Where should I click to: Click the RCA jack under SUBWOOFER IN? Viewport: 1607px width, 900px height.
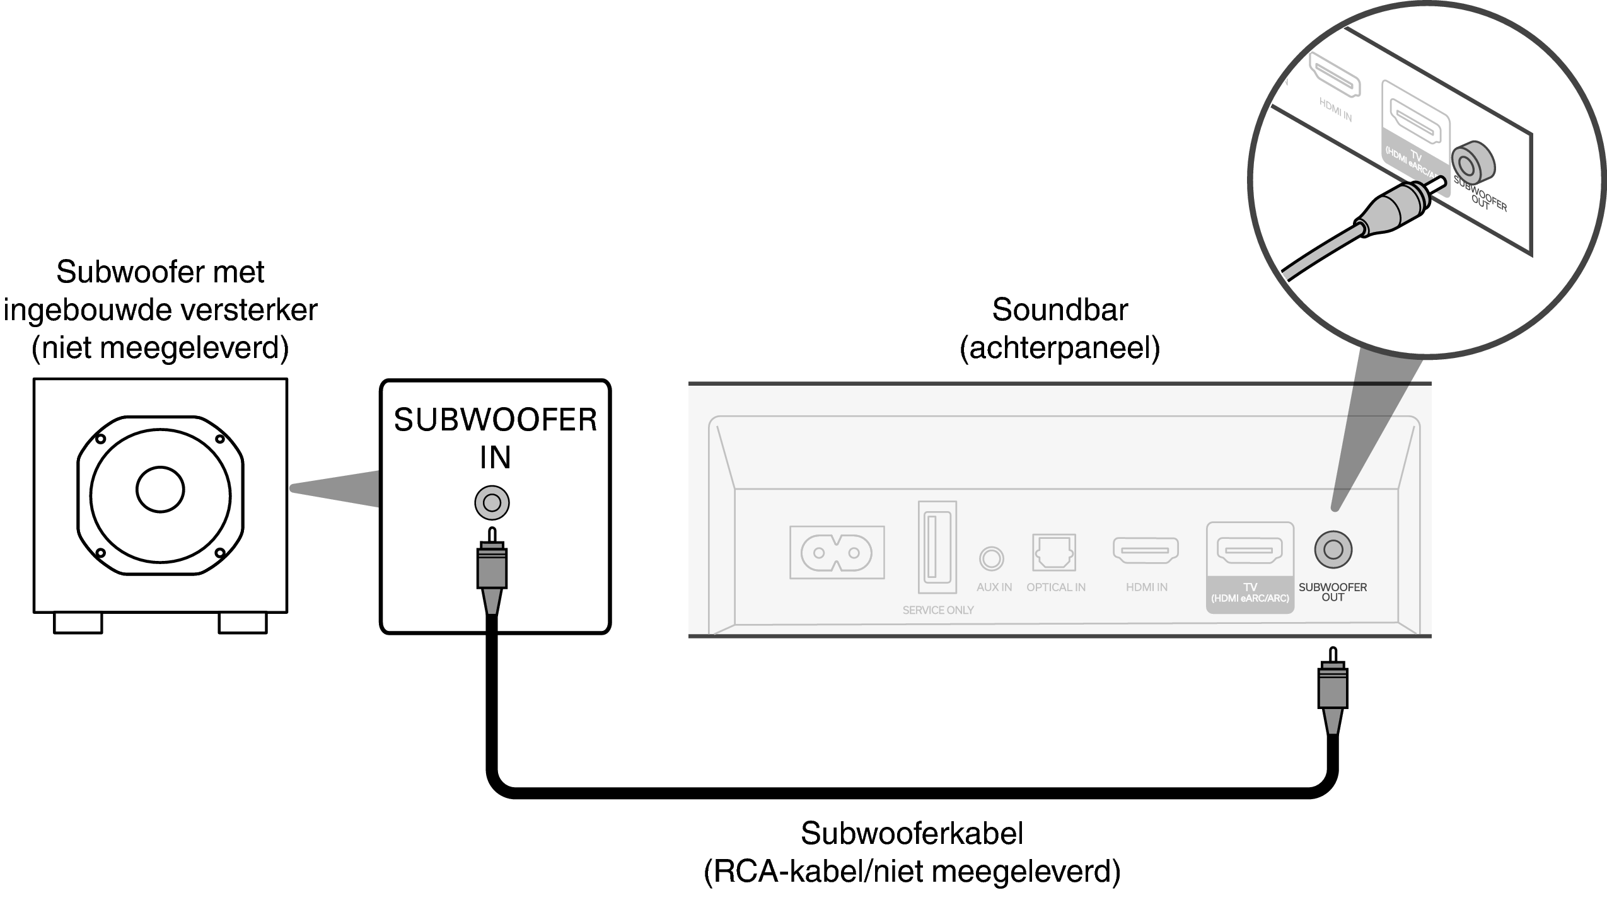492,503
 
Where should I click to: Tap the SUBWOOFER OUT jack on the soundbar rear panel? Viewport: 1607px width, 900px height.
1333,550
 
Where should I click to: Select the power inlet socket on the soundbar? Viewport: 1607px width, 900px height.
837,553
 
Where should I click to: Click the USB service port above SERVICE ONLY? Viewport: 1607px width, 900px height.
937,547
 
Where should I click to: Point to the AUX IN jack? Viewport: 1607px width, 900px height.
991,558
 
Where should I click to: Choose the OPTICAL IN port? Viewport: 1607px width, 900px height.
1054,553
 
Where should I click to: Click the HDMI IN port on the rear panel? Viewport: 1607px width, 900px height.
1146,550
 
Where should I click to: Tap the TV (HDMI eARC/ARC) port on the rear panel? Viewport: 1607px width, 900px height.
1250,550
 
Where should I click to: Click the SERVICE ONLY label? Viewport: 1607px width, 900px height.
937,610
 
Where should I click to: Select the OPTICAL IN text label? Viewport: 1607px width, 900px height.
1056,587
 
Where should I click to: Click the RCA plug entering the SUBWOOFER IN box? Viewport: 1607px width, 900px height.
492,567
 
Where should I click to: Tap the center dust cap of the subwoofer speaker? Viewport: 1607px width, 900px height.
160,490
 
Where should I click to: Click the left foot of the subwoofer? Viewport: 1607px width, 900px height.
78,623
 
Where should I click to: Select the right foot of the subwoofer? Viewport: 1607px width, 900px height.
243,623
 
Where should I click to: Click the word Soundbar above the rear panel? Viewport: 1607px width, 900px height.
1060,310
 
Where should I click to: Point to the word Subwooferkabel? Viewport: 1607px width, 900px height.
912,833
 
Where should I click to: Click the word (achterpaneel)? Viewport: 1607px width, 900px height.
1060,348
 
